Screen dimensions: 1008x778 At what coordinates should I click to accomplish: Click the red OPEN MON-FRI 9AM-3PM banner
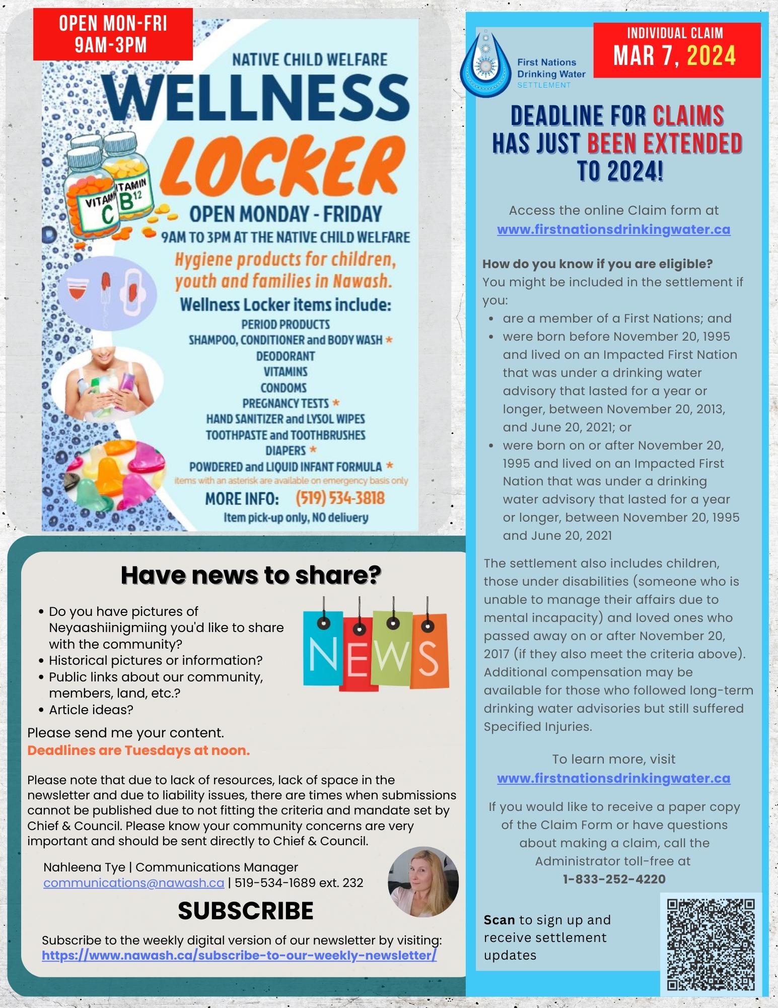point(113,34)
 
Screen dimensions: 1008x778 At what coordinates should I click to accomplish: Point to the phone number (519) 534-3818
point(340,498)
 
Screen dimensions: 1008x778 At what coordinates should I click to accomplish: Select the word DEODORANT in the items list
point(286,356)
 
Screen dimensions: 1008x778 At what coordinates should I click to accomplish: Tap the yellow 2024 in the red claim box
point(711,56)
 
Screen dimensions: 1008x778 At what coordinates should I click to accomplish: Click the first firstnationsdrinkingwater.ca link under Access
point(613,229)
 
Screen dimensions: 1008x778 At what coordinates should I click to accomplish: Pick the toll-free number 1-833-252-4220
point(614,879)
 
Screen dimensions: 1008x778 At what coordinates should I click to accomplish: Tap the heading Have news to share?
point(251,575)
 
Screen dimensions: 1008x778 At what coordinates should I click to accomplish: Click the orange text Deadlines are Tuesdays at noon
point(138,750)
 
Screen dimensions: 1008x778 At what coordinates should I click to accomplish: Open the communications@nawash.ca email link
point(133,883)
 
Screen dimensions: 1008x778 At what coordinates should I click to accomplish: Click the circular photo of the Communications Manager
point(423,881)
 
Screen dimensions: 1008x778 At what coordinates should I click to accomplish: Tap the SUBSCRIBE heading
point(246,911)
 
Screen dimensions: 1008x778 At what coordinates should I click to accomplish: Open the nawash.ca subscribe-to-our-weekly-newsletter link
point(239,955)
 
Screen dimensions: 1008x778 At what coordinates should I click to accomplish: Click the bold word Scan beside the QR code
point(499,920)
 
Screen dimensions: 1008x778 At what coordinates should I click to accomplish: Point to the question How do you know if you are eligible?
point(597,264)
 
